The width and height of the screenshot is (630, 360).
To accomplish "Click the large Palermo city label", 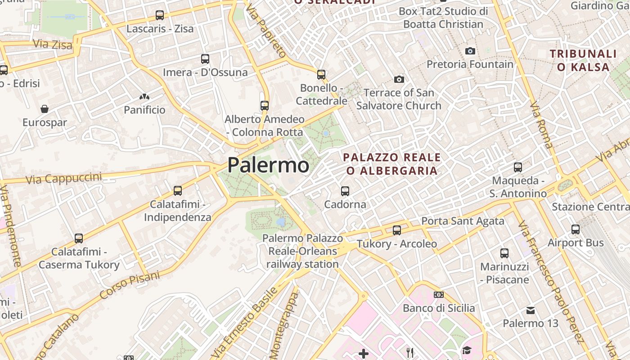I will click(268, 165).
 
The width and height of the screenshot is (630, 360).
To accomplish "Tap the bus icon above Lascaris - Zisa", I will click(160, 15).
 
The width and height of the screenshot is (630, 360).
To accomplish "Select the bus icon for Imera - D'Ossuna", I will click(205, 58).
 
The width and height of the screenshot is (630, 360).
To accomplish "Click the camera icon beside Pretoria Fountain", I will click(470, 51).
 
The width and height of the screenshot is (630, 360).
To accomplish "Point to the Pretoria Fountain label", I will click(470, 64).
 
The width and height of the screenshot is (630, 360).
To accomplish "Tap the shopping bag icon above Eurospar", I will click(45, 109).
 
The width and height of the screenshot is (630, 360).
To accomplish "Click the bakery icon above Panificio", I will click(144, 97).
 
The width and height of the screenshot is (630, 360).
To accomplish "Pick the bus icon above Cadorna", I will click(345, 191).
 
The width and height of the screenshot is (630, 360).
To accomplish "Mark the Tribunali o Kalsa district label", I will click(583, 61).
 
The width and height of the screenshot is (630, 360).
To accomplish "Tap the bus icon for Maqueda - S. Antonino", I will click(518, 167).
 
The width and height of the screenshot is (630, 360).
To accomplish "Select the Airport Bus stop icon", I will click(576, 229).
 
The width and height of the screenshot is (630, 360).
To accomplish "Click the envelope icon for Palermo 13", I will click(531, 310).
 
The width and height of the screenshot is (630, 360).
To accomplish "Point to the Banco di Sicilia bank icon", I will click(439, 295).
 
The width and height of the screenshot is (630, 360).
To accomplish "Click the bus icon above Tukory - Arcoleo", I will click(397, 230).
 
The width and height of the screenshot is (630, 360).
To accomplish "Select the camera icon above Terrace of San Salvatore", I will click(399, 80).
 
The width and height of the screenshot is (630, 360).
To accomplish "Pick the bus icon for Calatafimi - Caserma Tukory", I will click(79, 238).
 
